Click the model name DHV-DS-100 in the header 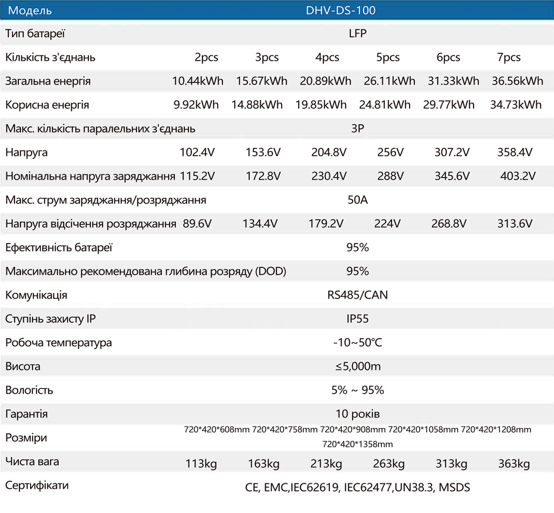[341, 10]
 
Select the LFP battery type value [358, 33]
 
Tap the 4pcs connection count [327, 57]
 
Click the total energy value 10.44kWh [198, 81]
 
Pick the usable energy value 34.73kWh [516, 104]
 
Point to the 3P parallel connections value [358, 128]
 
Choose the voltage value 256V [391, 152]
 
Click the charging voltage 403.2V [518, 176]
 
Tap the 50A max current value [358, 200]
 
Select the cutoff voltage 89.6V [197, 223]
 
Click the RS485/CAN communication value [358, 295]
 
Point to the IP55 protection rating [358, 319]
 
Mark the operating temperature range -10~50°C [358, 342]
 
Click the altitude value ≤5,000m [358, 366]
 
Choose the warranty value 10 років [358, 414]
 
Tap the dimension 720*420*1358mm [358, 444]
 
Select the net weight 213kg [326, 464]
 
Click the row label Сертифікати [37, 486]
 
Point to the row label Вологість [29, 390]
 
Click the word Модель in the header [30, 11]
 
